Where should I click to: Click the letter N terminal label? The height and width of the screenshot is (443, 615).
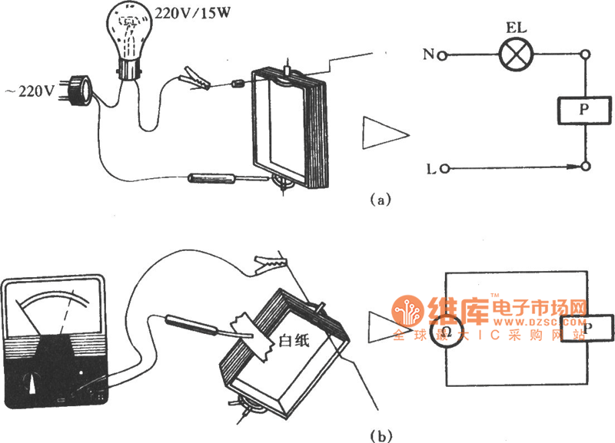(429, 55)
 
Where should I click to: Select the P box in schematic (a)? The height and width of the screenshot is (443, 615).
(586, 111)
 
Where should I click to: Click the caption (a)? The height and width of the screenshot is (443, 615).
(381, 200)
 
